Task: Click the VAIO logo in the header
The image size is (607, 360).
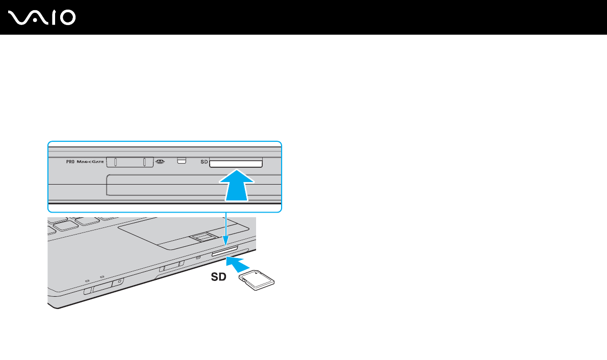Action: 42,18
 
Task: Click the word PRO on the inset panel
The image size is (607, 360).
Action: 70,162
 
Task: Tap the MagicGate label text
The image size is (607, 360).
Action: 90,162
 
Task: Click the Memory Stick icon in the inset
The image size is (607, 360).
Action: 161,162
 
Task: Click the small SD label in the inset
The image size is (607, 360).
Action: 204,162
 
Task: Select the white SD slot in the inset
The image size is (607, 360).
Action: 235,163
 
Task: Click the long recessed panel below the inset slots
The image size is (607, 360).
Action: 194,185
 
